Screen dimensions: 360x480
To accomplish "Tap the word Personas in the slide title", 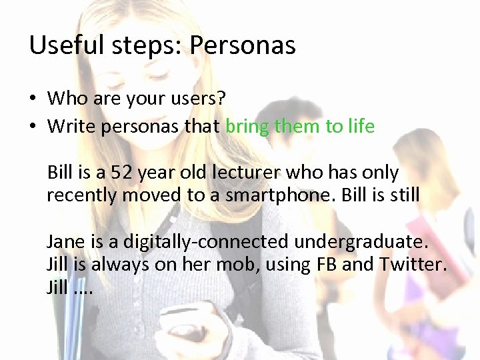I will [243, 45].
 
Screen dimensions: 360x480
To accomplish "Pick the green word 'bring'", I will [248, 126].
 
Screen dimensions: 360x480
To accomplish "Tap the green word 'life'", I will [361, 125].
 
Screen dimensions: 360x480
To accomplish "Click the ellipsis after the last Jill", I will [83, 290].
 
